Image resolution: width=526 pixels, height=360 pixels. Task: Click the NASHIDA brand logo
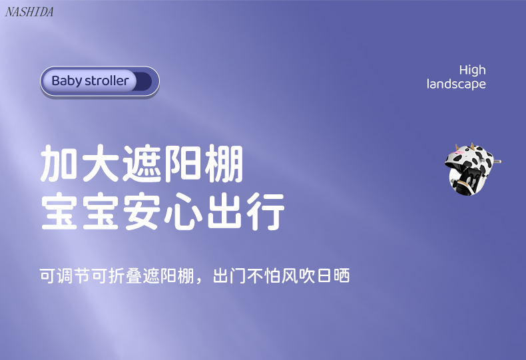click(x=29, y=12)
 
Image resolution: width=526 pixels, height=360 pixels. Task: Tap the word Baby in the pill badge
click(x=67, y=81)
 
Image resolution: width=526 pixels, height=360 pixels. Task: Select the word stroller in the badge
click(x=107, y=81)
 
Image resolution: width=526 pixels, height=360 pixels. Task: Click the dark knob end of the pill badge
click(x=144, y=81)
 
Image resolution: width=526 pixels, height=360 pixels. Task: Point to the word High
click(x=472, y=71)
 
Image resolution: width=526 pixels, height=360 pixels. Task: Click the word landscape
click(x=456, y=84)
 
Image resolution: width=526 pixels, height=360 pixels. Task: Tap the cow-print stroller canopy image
click(x=472, y=169)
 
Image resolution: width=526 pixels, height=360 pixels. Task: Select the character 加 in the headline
click(x=59, y=163)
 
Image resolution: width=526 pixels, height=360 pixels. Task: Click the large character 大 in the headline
click(x=101, y=163)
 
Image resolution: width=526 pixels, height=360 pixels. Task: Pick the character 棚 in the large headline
click(x=224, y=163)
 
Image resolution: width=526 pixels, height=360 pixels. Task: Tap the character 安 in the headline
click(x=142, y=211)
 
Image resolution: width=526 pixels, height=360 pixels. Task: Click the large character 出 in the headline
click(x=224, y=211)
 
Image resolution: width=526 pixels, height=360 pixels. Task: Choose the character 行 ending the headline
click(x=266, y=211)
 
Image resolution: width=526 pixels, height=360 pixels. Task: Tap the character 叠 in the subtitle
click(x=134, y=275)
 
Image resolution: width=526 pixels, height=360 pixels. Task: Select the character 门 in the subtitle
click(x=238, y=275)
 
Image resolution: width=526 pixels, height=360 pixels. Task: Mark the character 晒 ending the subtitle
click(x=342, y=275)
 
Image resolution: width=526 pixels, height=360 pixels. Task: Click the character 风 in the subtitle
click(x=290, y=275)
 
